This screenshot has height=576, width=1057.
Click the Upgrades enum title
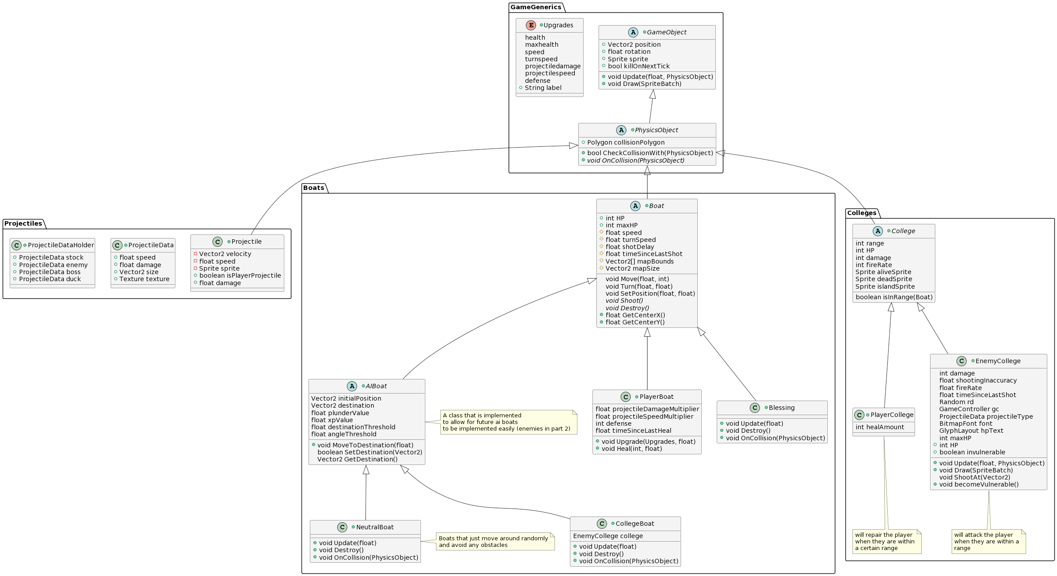click(x=558, y=25)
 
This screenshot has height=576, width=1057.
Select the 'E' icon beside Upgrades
click(x=531, y=25)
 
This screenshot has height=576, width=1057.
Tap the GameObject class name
click(x=666, y=32)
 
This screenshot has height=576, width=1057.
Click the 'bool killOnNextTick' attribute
click(x=639, y=66)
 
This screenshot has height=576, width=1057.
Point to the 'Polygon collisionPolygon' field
click(x=626, y=142)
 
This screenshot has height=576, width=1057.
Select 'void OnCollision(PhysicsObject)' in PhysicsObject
click(x=636, y=160)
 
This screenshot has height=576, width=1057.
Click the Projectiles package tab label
click(x=23, y=223)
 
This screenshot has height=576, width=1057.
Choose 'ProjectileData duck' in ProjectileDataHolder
click(x=50, y=279)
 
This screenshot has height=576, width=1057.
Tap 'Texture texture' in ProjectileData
click(x=145, y=279)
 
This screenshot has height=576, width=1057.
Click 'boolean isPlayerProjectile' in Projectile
click(x=240, y=275)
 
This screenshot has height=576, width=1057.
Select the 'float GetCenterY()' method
click(x=635, y=322)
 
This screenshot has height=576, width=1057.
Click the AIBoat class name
click(x=376, y=386)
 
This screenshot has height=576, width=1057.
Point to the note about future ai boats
click(x=509, y=422)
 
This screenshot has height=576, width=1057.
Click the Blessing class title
click(x=782, y=408)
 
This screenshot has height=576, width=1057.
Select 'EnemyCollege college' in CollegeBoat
click(x=608, y=536)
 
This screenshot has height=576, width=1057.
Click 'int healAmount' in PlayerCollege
click(x=880, y=427)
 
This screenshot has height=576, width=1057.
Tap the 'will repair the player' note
click(x=887, y=542)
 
